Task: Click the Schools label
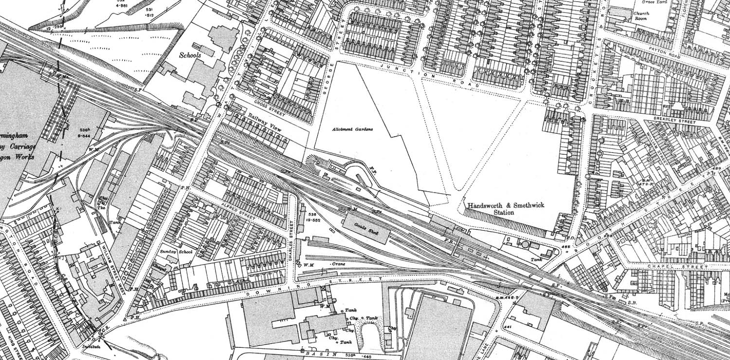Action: pos(189,56)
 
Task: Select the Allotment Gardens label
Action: pos(353,129)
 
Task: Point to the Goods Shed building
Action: pos(366,227)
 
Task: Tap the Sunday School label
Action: pos(176,252)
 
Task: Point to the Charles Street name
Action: pos(292,240)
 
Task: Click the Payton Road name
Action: pos(656,49)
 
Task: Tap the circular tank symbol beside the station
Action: pos(525,244)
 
